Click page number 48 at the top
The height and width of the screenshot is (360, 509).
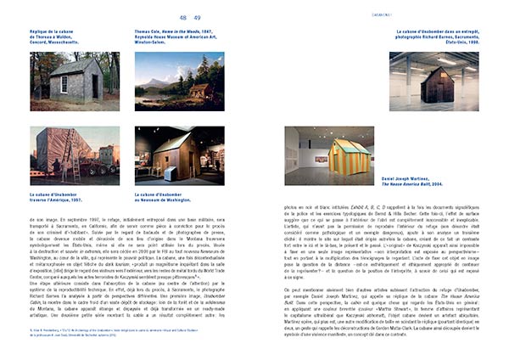coord(183,17)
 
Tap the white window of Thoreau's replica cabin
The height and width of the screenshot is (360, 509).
coord(63,83)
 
